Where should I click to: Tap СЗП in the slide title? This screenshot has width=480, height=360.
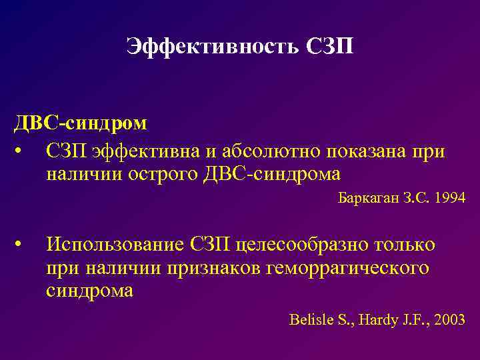click(x=330, y=47)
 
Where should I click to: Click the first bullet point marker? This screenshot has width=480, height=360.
click(x=23, y=151)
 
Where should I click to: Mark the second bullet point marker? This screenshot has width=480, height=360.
click(x=23, y=245)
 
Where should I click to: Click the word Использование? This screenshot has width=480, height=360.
click(x=114, y=245)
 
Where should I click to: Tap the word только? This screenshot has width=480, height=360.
click(x=406, y=245)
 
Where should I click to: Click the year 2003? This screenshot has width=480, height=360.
click(x=450, y=319)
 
